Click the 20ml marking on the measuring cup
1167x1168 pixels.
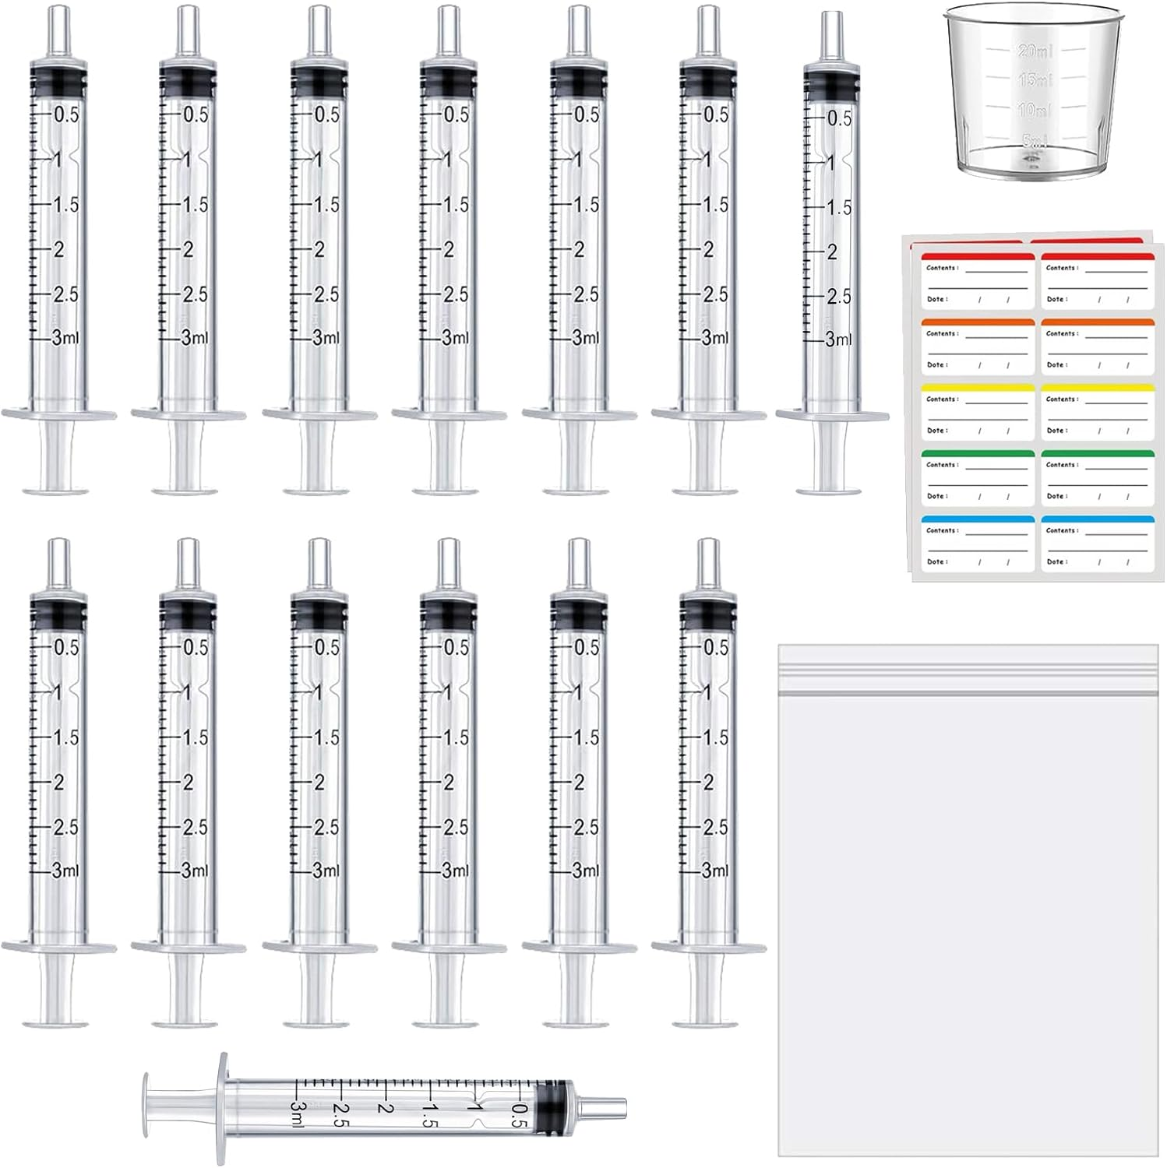pos(1034,51)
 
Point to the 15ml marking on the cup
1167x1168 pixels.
pos(1034,79)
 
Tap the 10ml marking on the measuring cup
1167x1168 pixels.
pos(1033,110)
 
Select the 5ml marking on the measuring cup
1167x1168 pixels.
pos(1035,140)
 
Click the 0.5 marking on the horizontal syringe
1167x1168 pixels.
pos(520,1116)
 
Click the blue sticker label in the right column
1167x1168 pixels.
pos(1098,543)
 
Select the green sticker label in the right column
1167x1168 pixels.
pos(1098,477)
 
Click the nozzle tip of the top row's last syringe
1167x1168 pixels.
pos(833,25)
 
